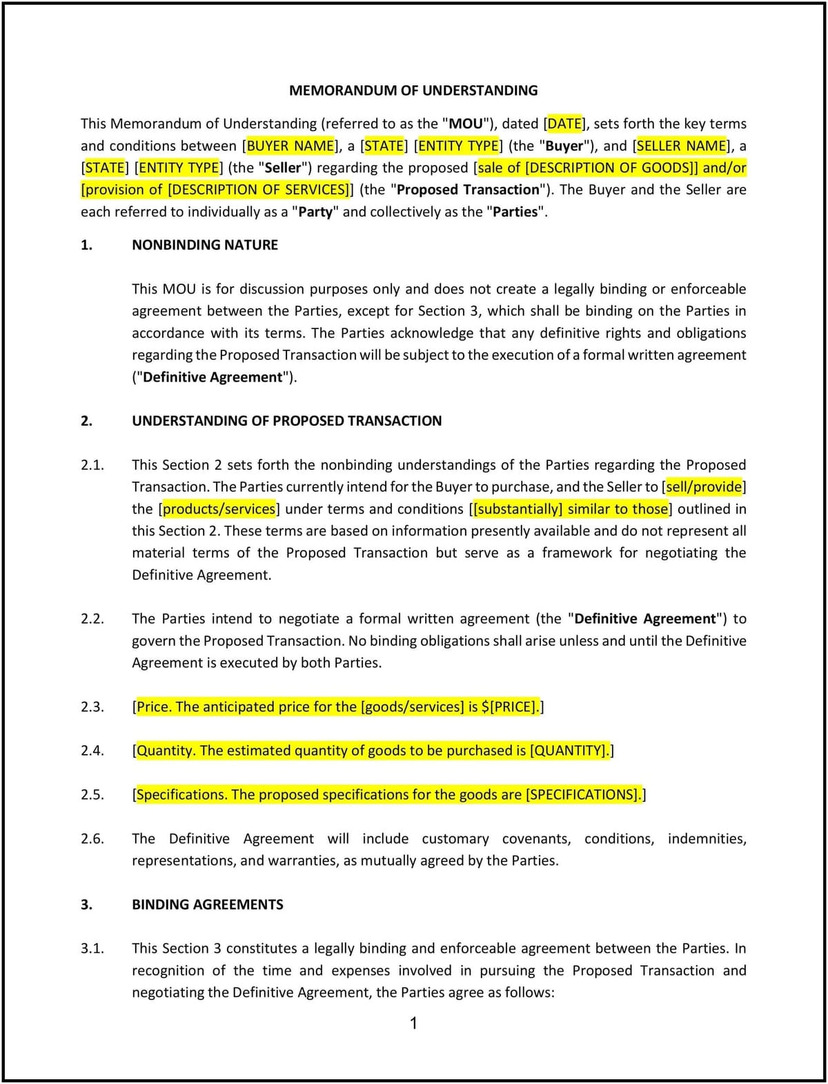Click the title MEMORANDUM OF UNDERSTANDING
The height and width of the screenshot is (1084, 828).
pyautogui.click(x=413, y=90)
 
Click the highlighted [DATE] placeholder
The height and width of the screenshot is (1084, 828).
pyautogui.click(x=564, y=124)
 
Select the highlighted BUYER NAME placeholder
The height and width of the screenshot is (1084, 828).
pyautogui.click(x=290, y=146)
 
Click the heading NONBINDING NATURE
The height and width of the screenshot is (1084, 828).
pyautogui.click(x=205, y=245)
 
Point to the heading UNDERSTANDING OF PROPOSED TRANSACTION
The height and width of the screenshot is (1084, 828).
pyautogui.click(x=286, y=421)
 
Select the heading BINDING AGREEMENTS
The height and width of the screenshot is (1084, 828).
pyautogui.click(x=207, y=905)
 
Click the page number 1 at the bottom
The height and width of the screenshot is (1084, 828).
pyautogui.click(x=413, y=1023)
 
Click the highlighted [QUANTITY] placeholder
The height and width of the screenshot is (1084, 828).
pyautogui.click(x=568, y=751)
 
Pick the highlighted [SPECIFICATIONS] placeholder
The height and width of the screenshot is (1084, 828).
pyautogui.click(x=583, y=795)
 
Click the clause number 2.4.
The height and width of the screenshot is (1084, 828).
pyautogui.click(x=92, y=751)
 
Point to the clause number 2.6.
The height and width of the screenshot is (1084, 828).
pyautogui.click(x=92, y=839)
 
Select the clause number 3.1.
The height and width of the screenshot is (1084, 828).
pyautogui.click(x=92, y=949)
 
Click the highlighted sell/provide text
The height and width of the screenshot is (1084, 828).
pyautogui.click(x=704, y=487)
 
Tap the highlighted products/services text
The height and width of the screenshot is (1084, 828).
pyautogui.click(x=219, y=509)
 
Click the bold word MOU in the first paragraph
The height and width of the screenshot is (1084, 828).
pyautogui.click(x=466, y=124)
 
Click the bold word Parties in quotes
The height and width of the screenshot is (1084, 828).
pyautogui.click(x=514, y=212)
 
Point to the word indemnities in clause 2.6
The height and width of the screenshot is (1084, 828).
pyautogui.click(x=706, y=839)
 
